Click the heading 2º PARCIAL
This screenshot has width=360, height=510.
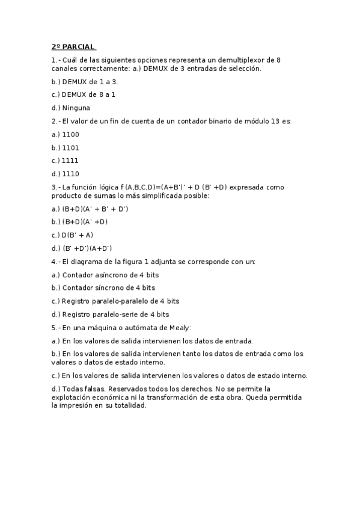point(73,47)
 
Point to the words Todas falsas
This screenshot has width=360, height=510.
point(82,389)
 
